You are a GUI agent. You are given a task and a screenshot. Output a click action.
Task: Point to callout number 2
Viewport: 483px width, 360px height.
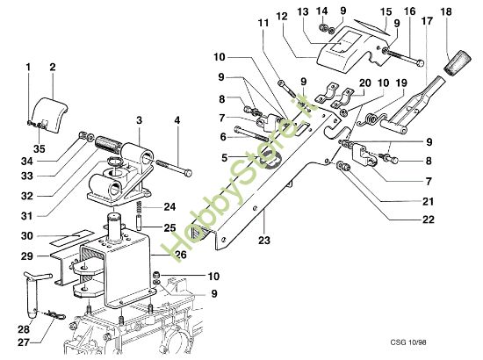point(52,66)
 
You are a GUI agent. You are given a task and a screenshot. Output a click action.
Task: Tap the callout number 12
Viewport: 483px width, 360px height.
point(281,17)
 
